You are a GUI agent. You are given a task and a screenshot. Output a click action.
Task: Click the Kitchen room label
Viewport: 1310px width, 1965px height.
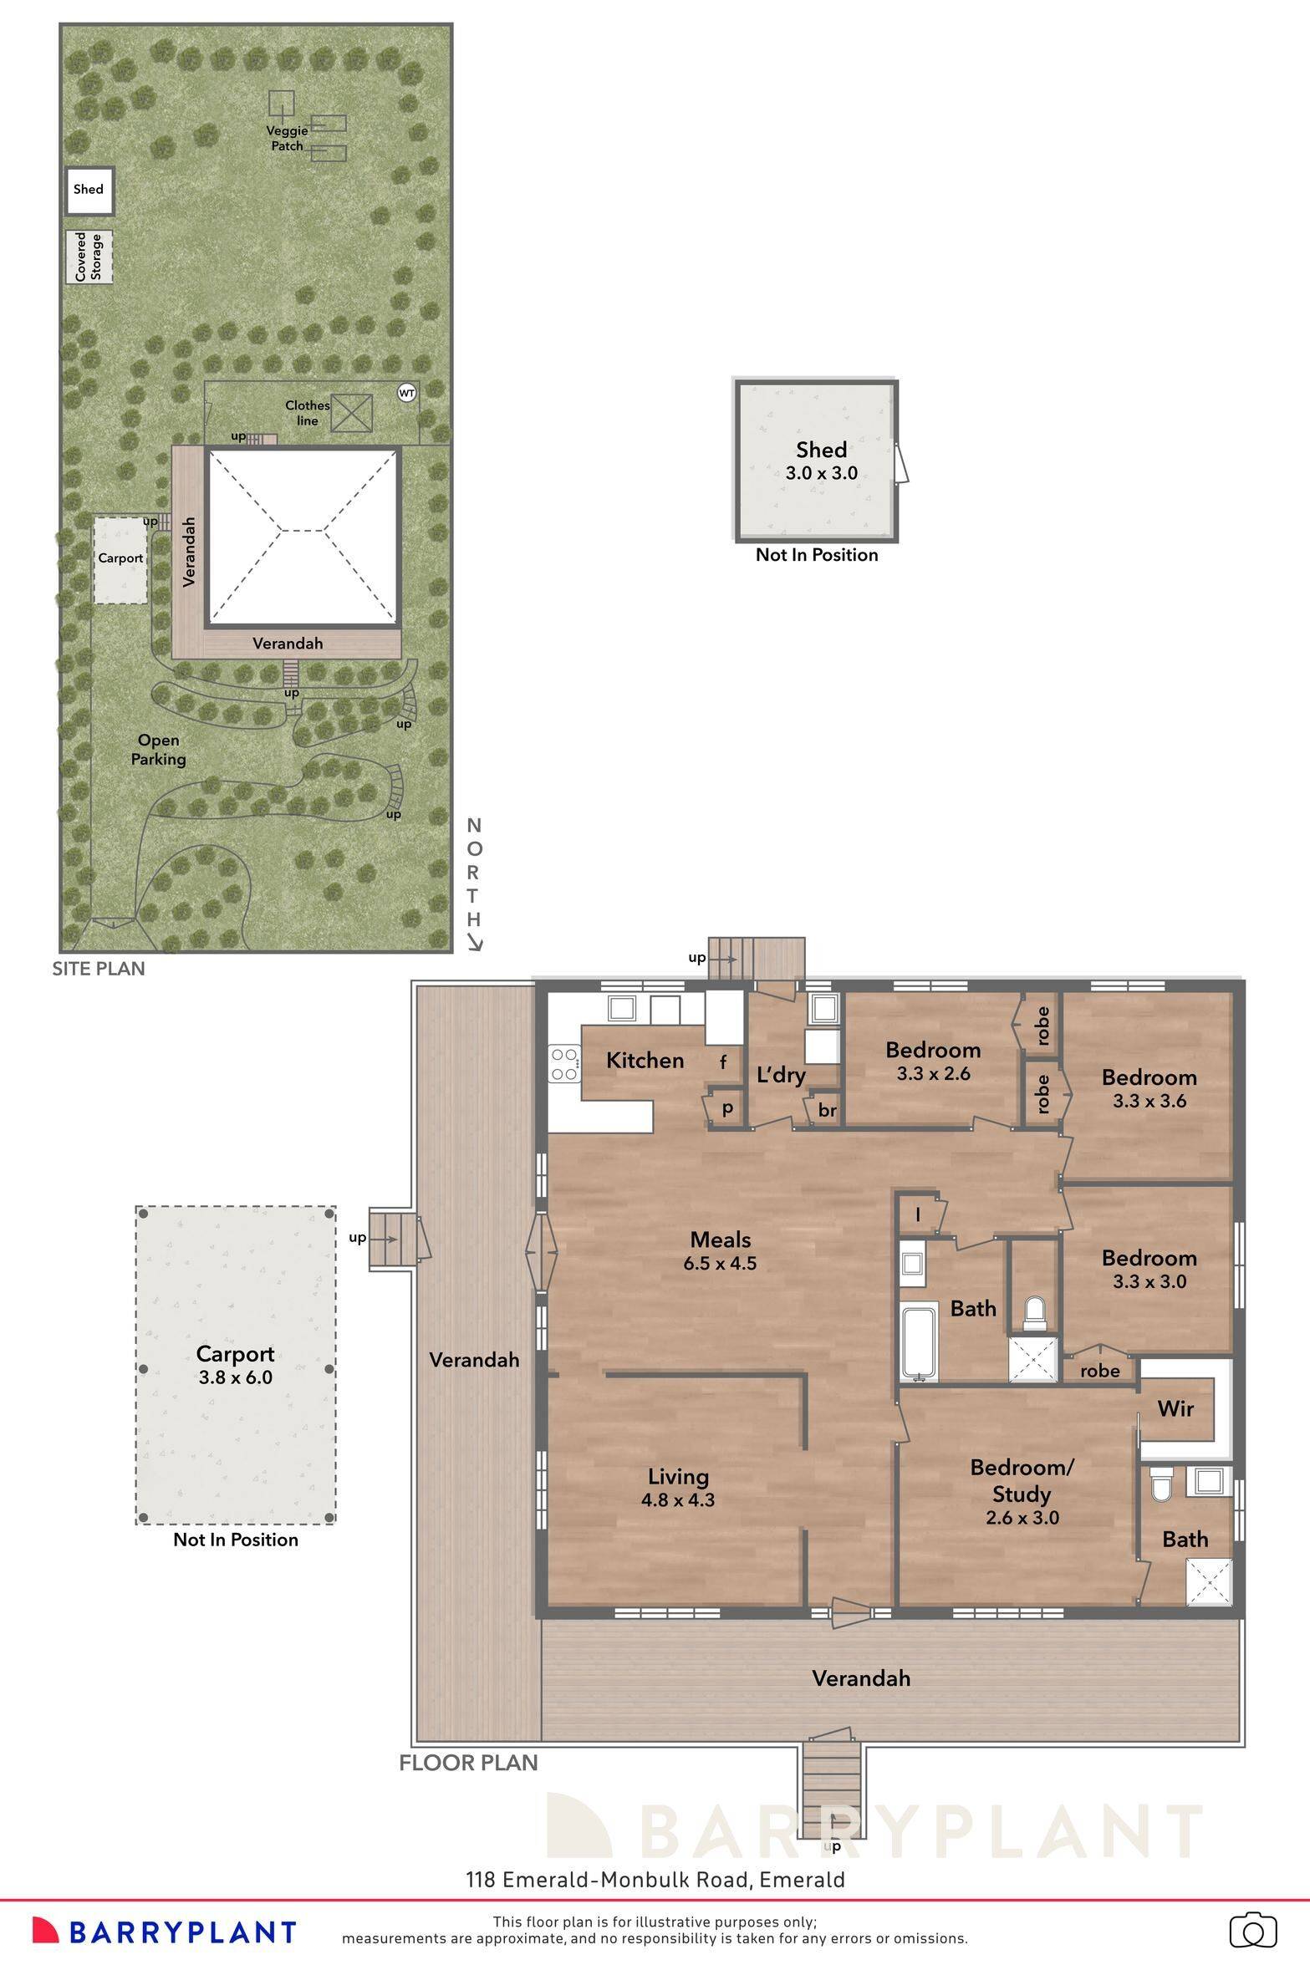pyautogui.click(x=645, y=1061)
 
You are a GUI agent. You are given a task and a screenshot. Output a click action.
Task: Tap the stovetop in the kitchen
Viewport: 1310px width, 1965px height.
pyautogui.click(x=564, y=1064)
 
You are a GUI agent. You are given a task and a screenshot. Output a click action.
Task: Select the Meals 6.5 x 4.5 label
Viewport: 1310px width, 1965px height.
pyautogui.click(x=720, y=1251)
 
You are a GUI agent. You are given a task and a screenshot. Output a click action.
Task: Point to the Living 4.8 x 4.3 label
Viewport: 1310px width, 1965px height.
pyautogui.click(x=678, y=1489)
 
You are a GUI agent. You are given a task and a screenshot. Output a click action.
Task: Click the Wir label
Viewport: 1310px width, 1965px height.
pyautogui.click(x=1175, y=1409)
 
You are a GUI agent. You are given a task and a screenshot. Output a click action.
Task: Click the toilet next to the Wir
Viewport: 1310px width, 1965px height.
pyautogui.click(x=1162, y=1485)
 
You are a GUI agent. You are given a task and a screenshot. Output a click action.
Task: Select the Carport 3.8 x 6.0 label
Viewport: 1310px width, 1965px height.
pyautogui.click(x=236, y=1365)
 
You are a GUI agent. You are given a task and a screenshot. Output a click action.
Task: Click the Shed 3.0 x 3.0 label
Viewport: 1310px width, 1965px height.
pyautogui.click(x=821, y=461)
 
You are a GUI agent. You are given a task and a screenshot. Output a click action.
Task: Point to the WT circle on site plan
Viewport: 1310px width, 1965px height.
pyautogui.click(x=406, y=393)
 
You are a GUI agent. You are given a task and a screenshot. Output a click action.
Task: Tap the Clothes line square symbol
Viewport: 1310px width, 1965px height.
pyautogui.click(x=351, y=414)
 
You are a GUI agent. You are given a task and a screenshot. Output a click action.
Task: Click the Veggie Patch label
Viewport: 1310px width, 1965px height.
pyautogui.click(x=288, y=138)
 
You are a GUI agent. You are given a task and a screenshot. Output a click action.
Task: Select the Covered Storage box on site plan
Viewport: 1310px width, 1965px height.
pyautogui.click(x=89, y=257)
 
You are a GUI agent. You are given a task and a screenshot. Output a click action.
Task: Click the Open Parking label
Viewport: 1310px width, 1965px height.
pyautogui.click(x=158, y=750)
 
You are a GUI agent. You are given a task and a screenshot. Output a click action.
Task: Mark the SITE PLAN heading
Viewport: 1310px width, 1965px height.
pyautogui.click(x=99, y=969)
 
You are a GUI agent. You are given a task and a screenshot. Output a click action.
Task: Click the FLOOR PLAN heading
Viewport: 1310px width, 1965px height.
pyautogui.click(x=468, y=1763)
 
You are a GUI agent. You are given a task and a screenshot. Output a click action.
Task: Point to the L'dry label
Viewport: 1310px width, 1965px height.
pyautogui.click(x=780, y=1075)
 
